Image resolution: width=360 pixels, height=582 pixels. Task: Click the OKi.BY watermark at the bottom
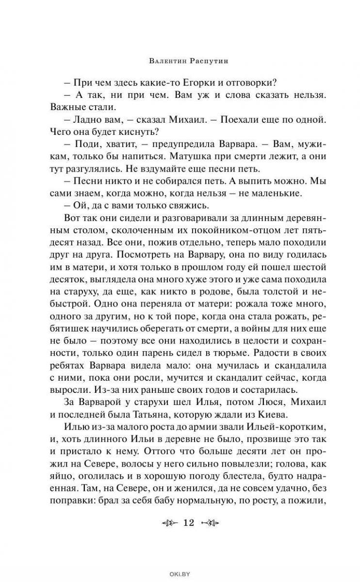coord(180,573)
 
